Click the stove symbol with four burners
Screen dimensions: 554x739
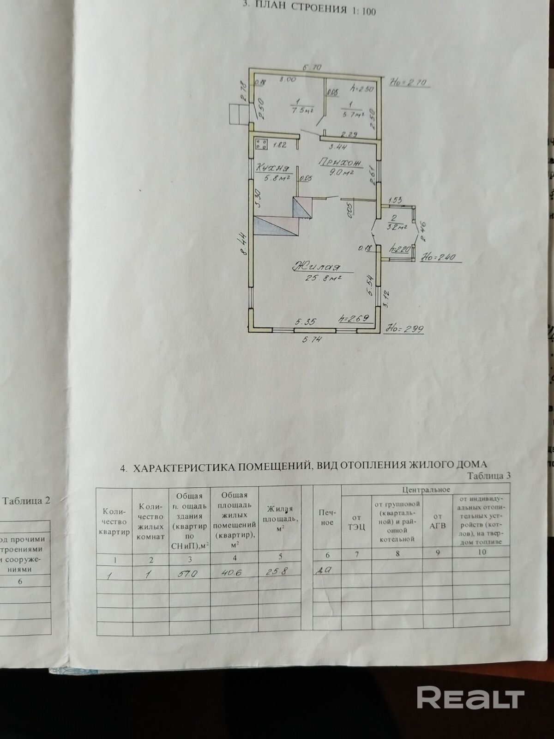coord(261,144)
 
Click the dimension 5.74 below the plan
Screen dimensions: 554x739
coord(312,340)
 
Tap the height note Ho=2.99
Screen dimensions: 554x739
coord(405,329)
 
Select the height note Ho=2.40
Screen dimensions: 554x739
coord(442,259)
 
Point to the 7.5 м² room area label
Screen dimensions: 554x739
coord(303,110)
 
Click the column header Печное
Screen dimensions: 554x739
coord(327,517)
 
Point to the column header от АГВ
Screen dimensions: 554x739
coord(437,521)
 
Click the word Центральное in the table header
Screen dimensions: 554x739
coord(426,489)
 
